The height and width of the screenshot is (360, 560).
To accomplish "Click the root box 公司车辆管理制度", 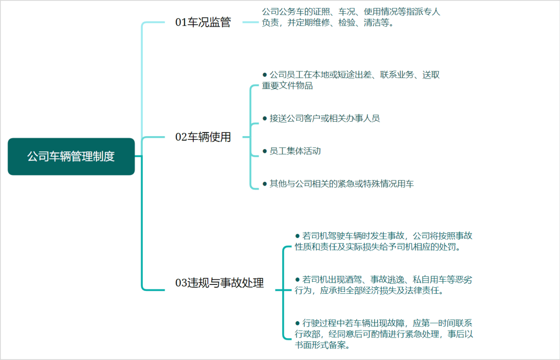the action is click(71, 157).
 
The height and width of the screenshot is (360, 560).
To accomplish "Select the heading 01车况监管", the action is click(203, 22).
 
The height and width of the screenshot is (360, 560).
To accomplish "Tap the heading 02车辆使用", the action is click(203, 137).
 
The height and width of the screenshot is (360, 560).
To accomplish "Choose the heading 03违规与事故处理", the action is click(219, 283).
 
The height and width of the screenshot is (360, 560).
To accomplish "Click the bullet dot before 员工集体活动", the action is click(265, 151).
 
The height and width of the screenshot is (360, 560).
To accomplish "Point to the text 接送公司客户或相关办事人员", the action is click(325, 118).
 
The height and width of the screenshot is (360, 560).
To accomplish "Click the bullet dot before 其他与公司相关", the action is click(265, 184).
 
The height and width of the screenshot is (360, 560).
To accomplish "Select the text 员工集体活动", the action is click(295, 151).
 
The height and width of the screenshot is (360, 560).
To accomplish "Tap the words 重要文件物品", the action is click(287, 86).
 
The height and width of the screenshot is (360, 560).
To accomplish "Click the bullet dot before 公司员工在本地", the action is click(265, 75).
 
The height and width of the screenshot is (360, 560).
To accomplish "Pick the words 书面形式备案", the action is click(320, 345).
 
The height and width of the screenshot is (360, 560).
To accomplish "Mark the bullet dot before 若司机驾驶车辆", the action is click(298, 236).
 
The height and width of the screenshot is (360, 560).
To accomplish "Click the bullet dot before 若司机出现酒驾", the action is click(298, 279).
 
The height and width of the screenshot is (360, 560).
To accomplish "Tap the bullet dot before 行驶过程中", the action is click(298, 323).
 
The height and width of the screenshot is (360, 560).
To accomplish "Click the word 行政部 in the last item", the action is click(308, 334).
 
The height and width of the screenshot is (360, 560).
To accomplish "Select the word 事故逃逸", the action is click(387, 279).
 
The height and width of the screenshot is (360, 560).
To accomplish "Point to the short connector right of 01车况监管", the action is click(251, 22).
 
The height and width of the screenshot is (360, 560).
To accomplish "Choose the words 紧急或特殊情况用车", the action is click(376, 184).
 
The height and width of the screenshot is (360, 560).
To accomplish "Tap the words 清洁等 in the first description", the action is click(377, 23).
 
